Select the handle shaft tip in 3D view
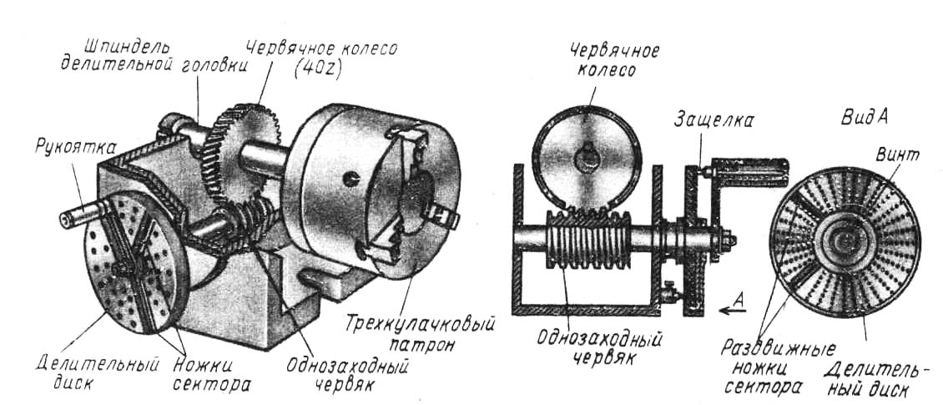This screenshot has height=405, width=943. (65, 219)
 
